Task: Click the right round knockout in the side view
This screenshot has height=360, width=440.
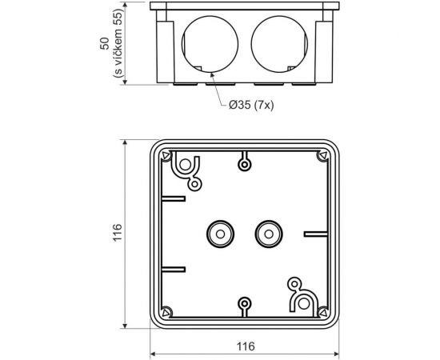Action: (x=280, y=47)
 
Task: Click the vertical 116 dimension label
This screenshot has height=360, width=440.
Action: (x=116, y=234)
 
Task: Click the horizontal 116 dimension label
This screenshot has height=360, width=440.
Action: (x=245, y=346)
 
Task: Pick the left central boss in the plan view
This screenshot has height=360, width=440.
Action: (x=217, y=234)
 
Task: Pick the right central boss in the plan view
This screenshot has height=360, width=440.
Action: (x=266, y=234)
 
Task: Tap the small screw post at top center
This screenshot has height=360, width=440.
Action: (x=243, y=166)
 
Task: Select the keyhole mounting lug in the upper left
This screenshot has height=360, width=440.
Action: (x=186, y=168)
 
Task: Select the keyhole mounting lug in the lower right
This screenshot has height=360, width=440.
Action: (x=300, y=298)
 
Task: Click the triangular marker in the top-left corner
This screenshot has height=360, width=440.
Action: (x=165, y=156)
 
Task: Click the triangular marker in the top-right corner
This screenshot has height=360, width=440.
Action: (x=322, y=156)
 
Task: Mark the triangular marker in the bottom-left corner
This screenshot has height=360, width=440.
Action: (x=165, y=312)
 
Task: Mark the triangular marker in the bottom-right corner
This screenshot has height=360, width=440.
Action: (x=322, y=312)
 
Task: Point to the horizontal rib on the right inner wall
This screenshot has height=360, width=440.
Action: (x=315, y=234)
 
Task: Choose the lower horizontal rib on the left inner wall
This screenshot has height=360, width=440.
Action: (x=174, y=269)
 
